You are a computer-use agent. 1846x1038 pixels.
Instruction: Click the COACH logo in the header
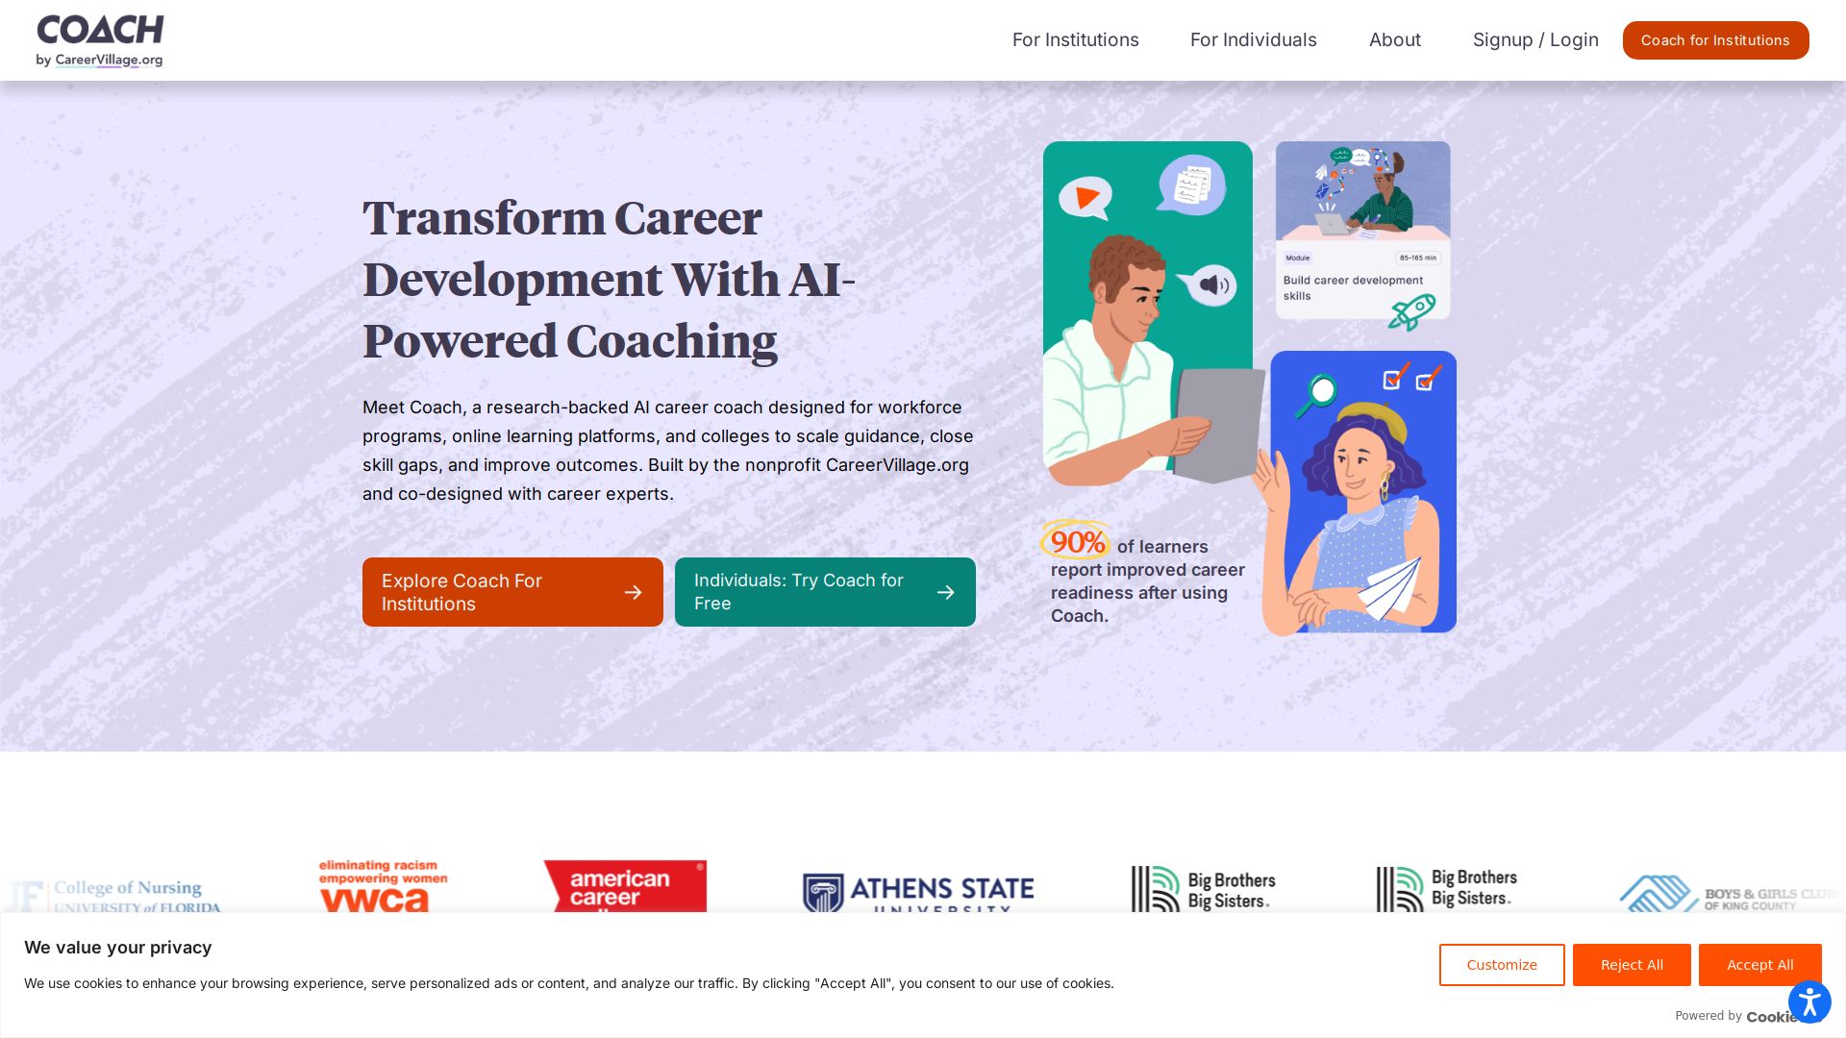[x=100, y=40]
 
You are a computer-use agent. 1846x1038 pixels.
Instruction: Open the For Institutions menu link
[x=1075, y=40]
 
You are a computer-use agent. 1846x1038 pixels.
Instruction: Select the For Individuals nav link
[x=1253, y=40]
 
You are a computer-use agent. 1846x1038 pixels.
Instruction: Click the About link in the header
[x=1394, y=40]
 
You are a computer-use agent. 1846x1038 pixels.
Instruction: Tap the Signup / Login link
[x=1535, y=40]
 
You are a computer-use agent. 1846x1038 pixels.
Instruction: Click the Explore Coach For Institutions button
[x=512, y=592]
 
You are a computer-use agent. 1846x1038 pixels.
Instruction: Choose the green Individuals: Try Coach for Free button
[x=825, y=592]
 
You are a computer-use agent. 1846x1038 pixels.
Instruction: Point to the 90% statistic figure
[x=1077, y=542]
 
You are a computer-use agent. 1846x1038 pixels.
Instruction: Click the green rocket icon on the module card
[x=1411, y=311]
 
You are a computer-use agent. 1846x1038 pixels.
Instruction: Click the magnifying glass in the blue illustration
[x=1318, y=393]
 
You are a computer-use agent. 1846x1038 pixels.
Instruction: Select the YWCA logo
[x=383, y=886]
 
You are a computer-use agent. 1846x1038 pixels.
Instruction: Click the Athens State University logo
[x=918, y=893]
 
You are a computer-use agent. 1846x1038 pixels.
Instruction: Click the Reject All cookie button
[x=1632, y=965]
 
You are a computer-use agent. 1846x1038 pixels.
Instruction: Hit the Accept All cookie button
[x=1759, y=965]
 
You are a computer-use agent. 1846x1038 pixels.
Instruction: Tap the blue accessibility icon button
[x=1809, y=1002]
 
